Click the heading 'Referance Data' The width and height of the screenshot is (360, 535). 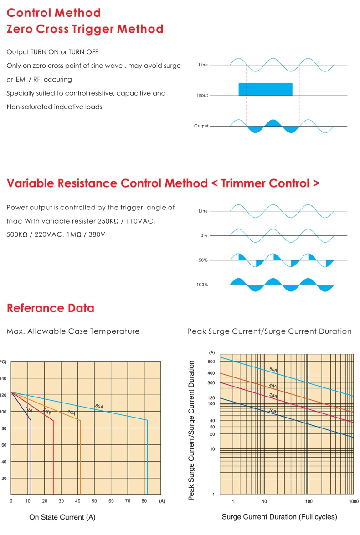51,308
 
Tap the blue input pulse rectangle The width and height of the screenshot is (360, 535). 265,89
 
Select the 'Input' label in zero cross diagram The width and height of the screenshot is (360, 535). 202,96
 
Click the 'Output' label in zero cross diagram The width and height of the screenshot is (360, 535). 201,126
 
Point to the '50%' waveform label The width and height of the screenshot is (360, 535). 203,260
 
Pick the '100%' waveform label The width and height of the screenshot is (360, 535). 202,285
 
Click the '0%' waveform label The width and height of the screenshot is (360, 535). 204,236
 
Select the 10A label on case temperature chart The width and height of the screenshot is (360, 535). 29,409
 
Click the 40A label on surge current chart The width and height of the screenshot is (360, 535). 273,386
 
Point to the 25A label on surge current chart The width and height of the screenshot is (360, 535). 273,396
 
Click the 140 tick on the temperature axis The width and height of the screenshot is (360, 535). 4,378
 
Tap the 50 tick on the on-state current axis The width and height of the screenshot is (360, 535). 94,501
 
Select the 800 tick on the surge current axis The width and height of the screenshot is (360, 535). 211,362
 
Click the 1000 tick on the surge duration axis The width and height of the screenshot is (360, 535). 353,502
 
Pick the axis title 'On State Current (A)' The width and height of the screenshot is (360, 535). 62,517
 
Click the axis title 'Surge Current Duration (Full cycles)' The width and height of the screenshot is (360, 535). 279,517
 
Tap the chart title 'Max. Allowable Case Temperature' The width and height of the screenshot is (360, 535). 73,331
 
